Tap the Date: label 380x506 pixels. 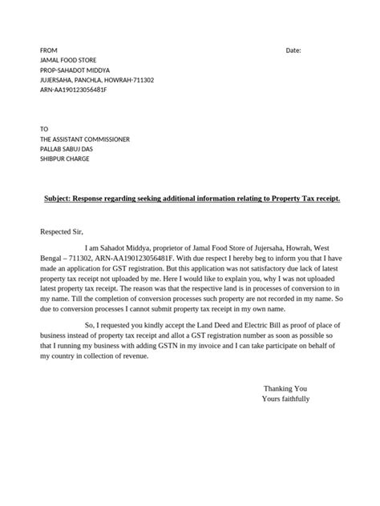pyautogui.click(x=293, y=50)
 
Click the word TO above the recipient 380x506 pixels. pyautogui.click(x=44, y=128)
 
